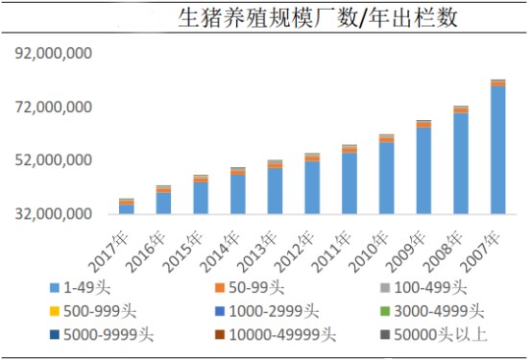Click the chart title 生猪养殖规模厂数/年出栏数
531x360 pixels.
tap(318, 17)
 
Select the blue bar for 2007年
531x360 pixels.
tap(497, 150)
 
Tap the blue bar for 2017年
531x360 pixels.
tap(127, 209)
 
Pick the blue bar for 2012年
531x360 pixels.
tap(312, 187)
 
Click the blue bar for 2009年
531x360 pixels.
tap(423, 171)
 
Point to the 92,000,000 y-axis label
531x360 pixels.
tap(53, 53)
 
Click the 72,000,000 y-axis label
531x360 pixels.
tap(53, 107)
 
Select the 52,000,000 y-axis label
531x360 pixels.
tap(53, 160)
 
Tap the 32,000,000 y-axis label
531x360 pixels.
tap(53, 214)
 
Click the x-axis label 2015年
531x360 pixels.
tap(183, 252)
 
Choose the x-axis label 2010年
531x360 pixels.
tap(369, 252)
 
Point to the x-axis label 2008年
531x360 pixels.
tap(444, 252)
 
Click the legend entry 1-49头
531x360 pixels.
tap(80, 288)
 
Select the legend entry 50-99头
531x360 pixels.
tap(250, 288)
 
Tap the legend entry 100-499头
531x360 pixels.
tap(423, 288)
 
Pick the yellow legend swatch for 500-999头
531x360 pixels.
tap(54, 311)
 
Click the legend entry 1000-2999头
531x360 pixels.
tap(267, 311)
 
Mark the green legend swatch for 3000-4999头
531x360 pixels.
tap(385, 311)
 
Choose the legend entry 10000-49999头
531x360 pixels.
tap(276, 335)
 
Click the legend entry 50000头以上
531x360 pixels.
tap(433, 335)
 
